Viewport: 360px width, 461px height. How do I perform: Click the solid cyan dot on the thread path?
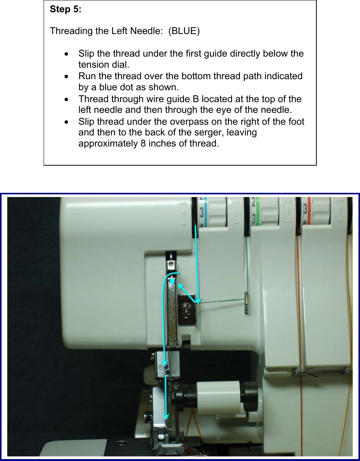coord(173,281)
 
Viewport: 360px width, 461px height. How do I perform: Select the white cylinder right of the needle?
coord(219,397)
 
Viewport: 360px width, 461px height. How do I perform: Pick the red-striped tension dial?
coord(316,210)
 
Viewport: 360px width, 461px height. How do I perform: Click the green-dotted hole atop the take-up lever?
coord(170,264)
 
